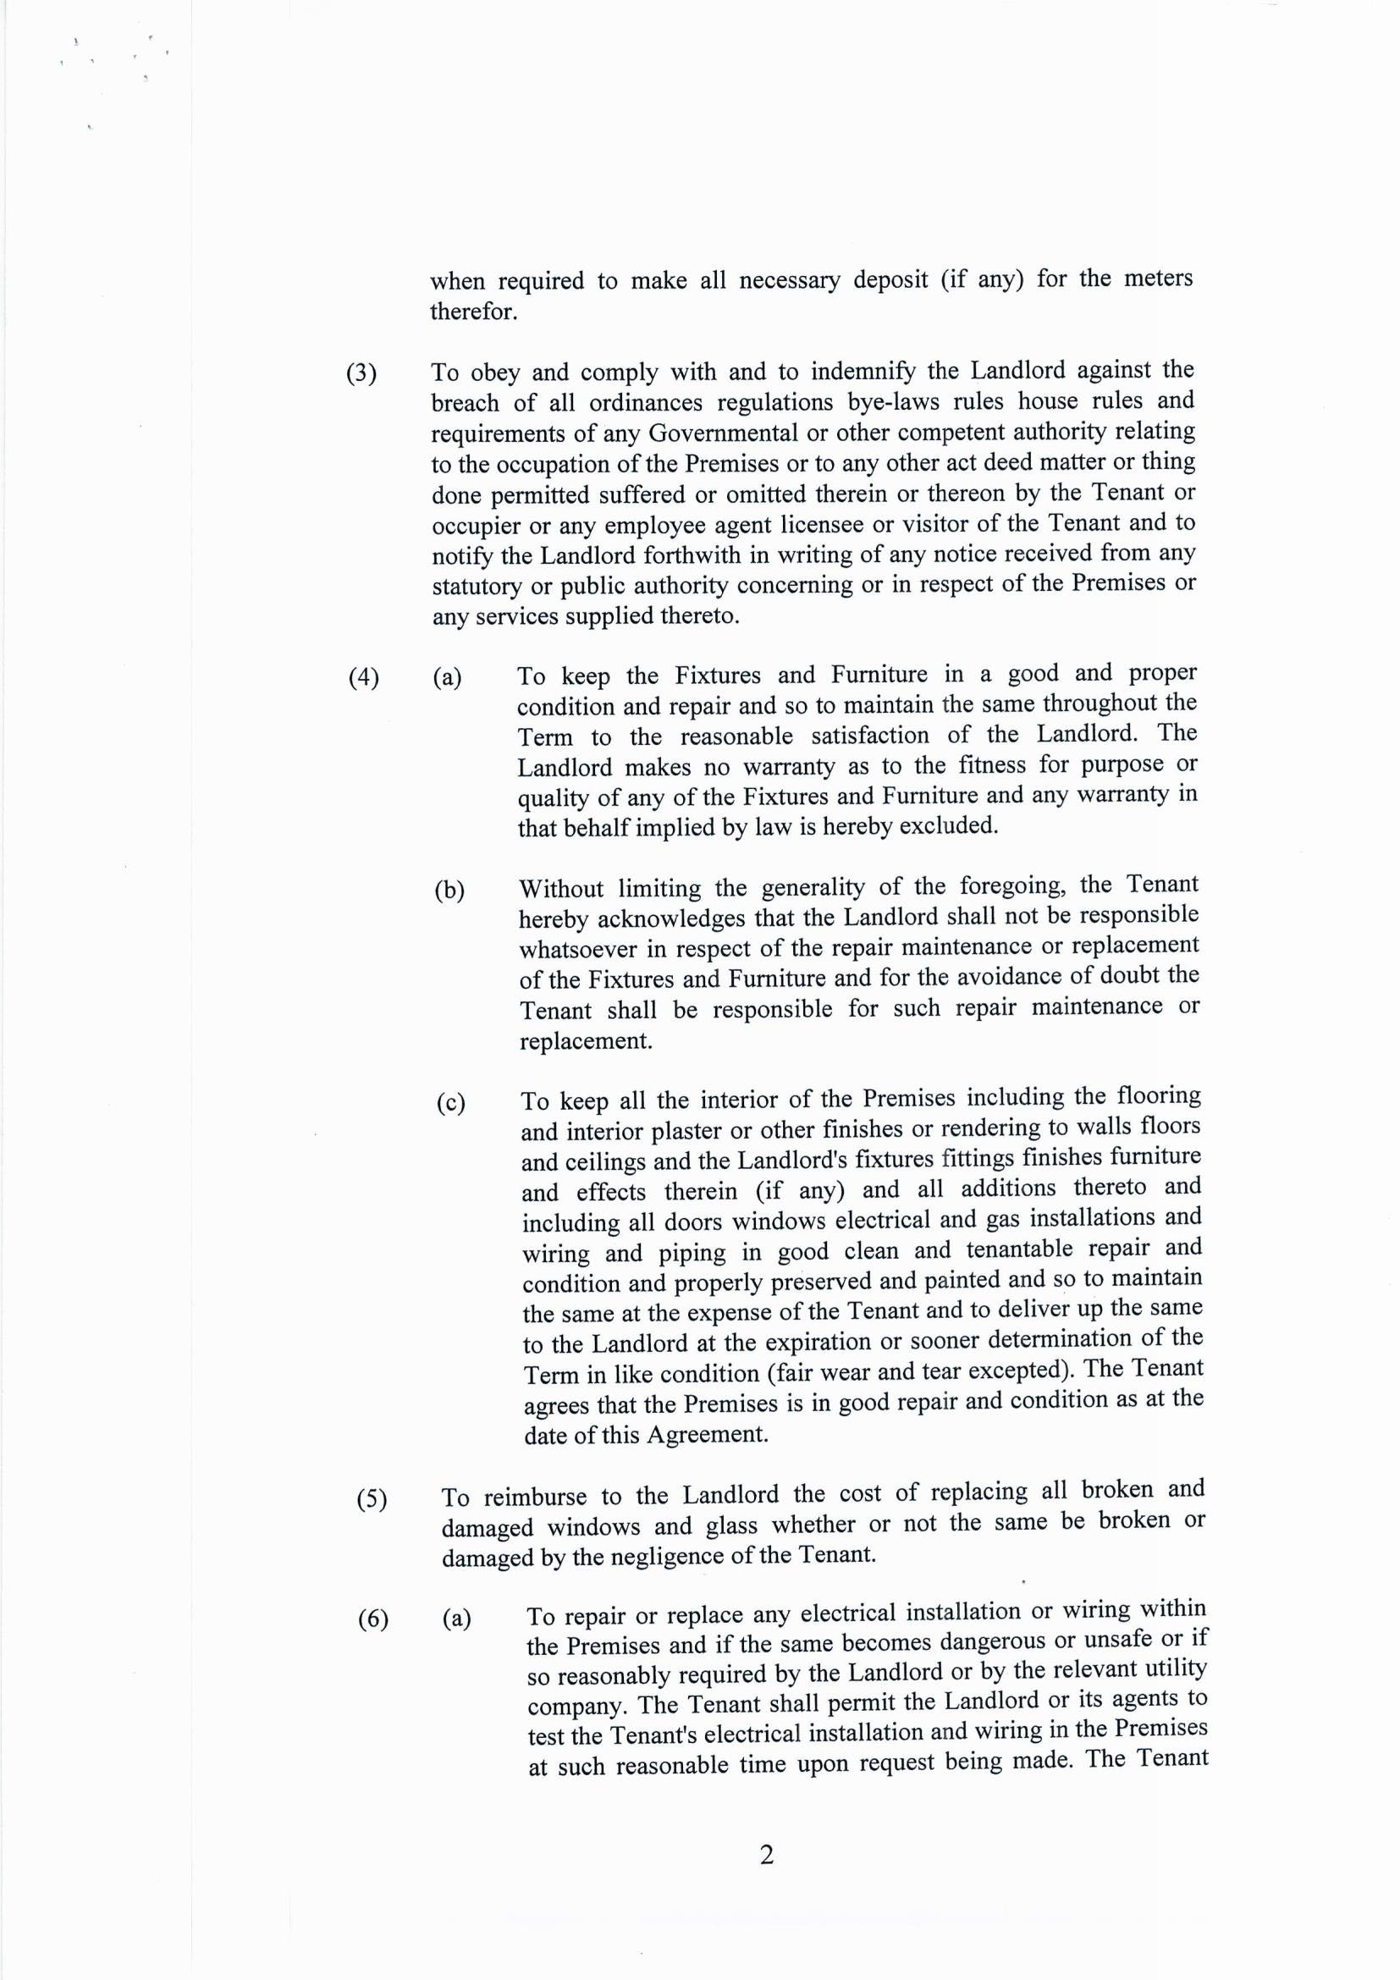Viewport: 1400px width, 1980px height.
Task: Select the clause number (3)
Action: pyautogui.click(x=361, y=373)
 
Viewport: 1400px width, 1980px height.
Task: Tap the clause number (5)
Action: pyautogui.click(x=372, y=1500)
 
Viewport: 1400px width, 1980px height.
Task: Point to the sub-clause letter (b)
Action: pyautogui.click(x=449, y=890)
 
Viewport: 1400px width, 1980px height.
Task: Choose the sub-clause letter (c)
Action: pyautogui.click(x=450, y=1103)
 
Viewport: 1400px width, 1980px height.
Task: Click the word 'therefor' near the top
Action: pyautogui.click(x=472, y=312)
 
